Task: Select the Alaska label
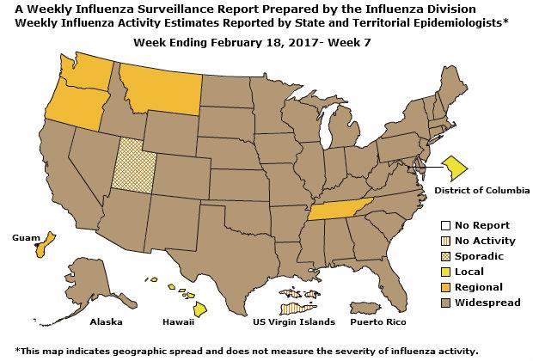tap(107, 322)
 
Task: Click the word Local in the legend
tap(469, 272)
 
